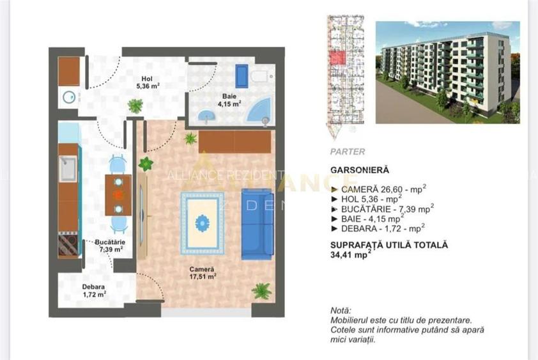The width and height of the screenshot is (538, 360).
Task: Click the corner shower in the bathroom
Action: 261,111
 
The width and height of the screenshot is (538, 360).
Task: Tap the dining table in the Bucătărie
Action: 118,195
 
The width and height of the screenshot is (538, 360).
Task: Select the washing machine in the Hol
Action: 69,97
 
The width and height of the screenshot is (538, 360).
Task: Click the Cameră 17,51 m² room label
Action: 201,274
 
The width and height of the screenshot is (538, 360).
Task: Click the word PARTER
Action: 348,152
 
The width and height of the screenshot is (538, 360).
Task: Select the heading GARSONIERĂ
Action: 360,170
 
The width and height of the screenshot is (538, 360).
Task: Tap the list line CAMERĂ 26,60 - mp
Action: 379,189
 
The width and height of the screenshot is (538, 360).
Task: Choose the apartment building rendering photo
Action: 447,72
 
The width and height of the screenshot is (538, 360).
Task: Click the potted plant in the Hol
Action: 135,106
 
